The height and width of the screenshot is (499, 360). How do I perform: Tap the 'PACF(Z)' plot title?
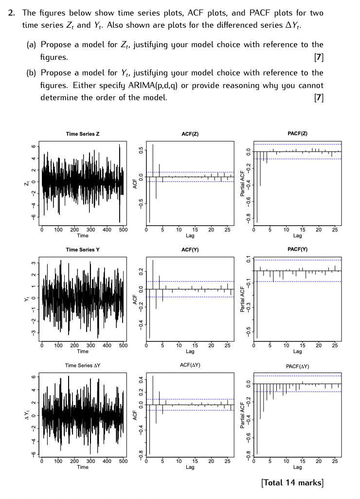coord(297,133)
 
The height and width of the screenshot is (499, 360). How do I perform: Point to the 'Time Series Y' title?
coord(83,249)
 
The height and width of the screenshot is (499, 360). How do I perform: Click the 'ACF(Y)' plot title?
coord(190,249)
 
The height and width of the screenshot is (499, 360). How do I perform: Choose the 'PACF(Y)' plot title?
coord(297,249)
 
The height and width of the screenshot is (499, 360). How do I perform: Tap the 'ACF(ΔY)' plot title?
coord(190,365)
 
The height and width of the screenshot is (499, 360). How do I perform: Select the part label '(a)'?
coord(32,45)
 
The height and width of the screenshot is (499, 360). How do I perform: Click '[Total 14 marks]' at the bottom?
coord(292,482)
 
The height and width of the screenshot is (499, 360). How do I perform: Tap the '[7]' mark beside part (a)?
coord(319,57)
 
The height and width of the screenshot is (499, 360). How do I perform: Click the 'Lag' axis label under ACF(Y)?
coord(190,351)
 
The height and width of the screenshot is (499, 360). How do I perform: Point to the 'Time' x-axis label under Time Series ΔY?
coord(83,467)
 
